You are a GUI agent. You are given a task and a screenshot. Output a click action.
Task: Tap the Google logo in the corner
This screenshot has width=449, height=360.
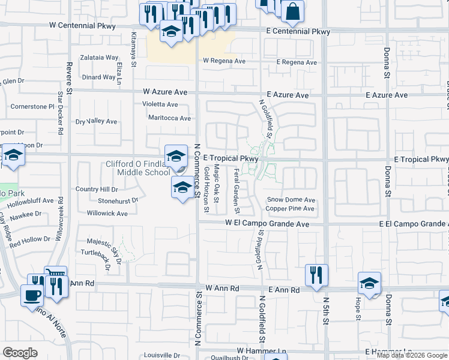click(x=20, y=353)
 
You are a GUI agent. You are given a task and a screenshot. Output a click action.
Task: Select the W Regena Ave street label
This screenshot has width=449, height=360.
click(x=224, y=61)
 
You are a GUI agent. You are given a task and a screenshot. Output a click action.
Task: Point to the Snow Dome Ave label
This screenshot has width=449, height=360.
click(x=291, y=200)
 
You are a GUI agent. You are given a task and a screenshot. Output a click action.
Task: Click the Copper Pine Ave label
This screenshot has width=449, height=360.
click(x=290, y=209)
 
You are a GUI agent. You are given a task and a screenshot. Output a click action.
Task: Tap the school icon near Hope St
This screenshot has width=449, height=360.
click(x=369, y=282)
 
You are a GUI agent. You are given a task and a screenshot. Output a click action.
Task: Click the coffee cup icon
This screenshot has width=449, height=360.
click(x=31, y=294)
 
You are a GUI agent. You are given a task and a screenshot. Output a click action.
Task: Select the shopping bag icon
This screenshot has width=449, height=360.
click(x=292, y=10)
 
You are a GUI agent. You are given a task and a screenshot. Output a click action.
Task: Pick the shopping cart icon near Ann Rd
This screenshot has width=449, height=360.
click(x=55, y=275)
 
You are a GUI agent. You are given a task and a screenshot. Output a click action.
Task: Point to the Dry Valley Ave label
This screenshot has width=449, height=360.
click(x=96, y=121)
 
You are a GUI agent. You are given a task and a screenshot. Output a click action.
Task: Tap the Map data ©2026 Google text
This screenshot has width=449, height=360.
click(x=412, y=355)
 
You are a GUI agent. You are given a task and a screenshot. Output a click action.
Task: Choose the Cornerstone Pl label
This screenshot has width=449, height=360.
click(x=32, y=106)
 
